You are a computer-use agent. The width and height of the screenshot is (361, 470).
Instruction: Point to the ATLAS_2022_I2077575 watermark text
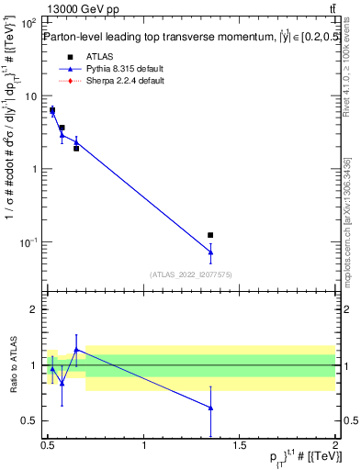(191, 274)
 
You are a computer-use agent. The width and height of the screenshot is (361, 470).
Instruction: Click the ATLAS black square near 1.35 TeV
(210, 236)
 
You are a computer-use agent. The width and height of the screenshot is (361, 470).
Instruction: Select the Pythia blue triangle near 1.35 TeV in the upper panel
(210, 252)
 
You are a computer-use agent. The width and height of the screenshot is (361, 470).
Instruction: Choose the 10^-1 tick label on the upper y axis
(28, 242)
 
